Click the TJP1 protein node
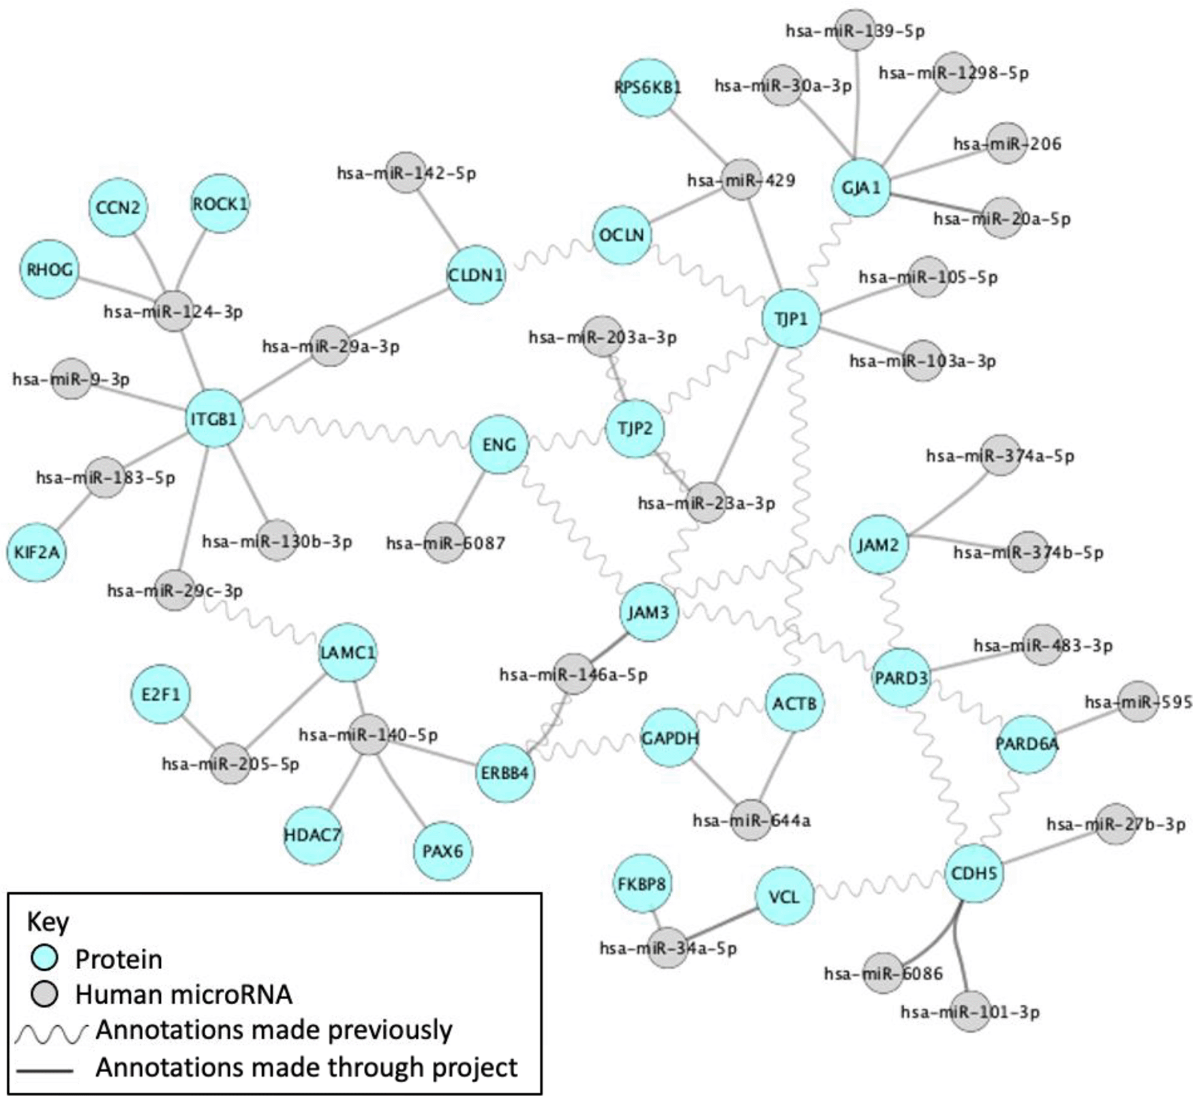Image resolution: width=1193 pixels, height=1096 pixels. [791, 319]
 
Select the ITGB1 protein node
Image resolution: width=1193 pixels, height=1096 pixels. [214, 418]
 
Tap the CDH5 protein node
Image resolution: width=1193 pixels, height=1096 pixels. [973, 873]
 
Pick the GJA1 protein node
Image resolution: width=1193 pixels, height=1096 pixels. [861, 188]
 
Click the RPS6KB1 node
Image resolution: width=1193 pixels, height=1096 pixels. [648, 87]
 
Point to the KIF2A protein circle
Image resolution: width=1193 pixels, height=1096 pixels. [37, 552]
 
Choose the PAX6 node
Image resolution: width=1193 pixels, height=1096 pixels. [442, 851]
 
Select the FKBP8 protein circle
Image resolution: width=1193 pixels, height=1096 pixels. [641, 885]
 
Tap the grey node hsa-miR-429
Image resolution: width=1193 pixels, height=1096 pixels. [741, 180]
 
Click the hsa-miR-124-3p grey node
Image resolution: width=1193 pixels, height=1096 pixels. [173, 311]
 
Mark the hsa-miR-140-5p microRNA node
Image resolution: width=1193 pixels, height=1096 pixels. [368, 735]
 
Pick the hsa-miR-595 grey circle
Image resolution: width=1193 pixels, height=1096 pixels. [1138, 702]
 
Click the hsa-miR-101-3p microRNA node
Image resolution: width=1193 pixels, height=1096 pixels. [970, 1011]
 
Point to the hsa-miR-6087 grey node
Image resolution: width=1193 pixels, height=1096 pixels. [444, 543]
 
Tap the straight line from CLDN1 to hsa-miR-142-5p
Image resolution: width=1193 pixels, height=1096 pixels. [434, 211]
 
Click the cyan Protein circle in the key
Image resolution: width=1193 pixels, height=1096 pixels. [45, 958]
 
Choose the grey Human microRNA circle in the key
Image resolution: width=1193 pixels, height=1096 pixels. [45, 994]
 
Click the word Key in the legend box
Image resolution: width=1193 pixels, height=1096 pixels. [48, 921]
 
